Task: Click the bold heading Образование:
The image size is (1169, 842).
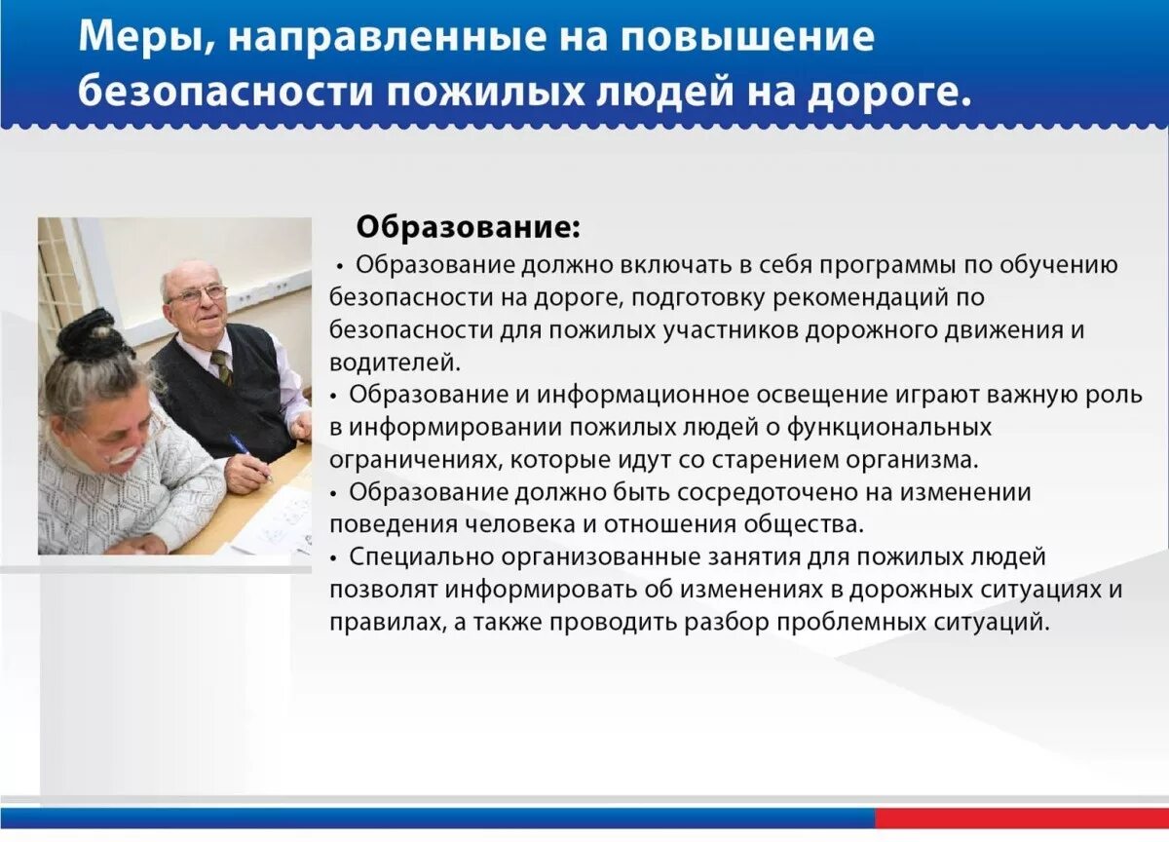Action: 468,227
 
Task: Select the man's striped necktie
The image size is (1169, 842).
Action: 222,366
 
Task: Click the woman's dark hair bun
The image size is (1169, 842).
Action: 87,334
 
